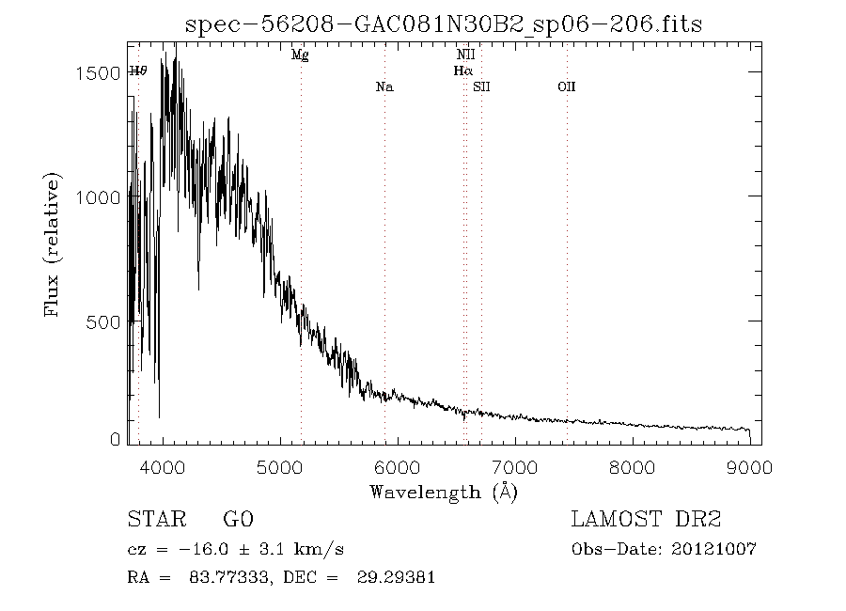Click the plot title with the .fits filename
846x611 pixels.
point(444,23)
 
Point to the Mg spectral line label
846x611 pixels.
point(300,55)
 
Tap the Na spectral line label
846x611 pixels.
point(384,87)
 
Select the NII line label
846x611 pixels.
point(465,55)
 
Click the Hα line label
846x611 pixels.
point(462,70)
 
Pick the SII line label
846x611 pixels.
point(481,87)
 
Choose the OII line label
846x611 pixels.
point(566,87)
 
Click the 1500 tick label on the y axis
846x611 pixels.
point(96,73)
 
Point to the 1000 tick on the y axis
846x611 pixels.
point(96,198)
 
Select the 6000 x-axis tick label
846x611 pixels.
point(398,467)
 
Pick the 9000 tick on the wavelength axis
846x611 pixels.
point(749,467)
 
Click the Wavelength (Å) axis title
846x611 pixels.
point(444,492)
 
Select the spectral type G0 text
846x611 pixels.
point(238,520)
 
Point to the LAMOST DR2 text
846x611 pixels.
point(646,520)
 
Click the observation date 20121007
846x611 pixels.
point(716,549)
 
